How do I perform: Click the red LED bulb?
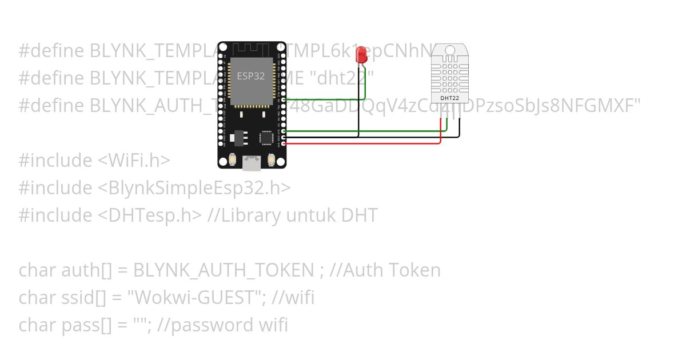[361, 54]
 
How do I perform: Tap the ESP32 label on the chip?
[251, 76]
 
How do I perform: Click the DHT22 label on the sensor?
[450, 98]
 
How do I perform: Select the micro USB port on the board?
[252, 162]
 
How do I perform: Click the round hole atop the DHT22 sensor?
[450, 50]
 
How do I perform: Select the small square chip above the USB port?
[266, 138]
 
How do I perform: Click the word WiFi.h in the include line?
[135, 160]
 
